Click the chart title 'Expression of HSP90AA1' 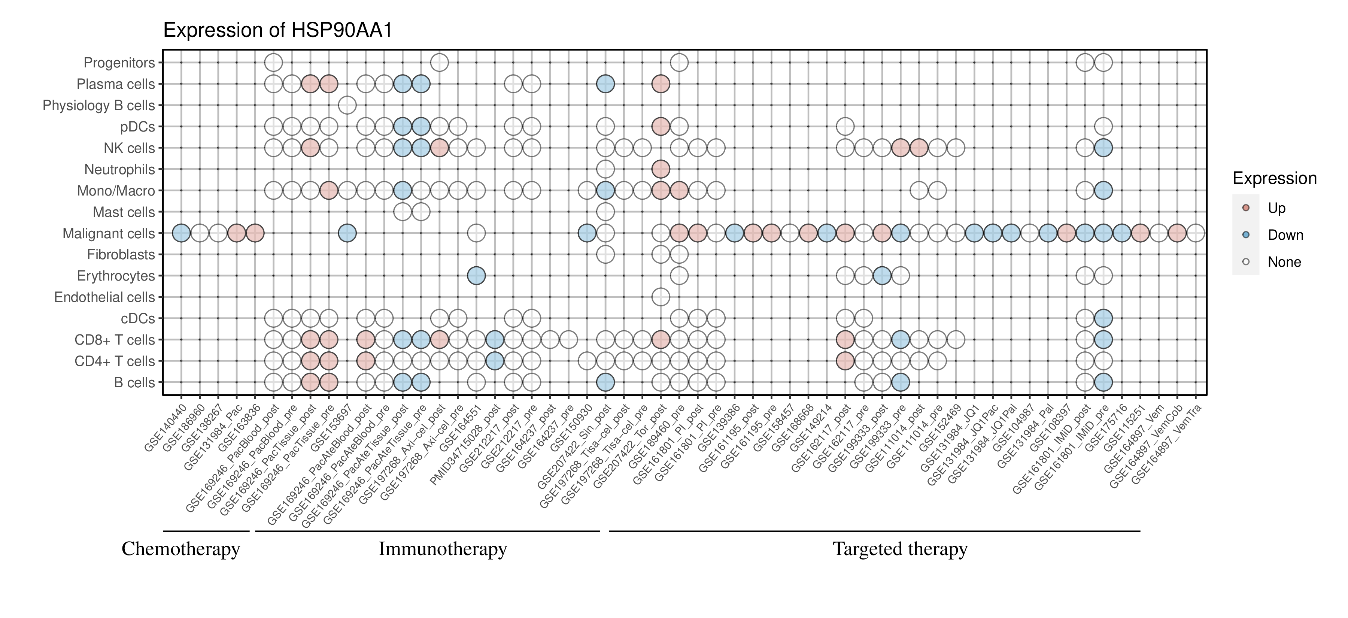(277, 30)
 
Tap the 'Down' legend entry (1285, 235)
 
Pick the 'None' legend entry (1284, 262)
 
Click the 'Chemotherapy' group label (180, 549)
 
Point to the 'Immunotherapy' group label (442, 549)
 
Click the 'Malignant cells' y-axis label (109, 233)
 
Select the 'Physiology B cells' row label (99, 106)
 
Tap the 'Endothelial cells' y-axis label (105, 297)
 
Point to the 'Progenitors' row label (119, 63)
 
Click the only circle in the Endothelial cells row (661, 297)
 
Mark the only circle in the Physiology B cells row (347, 105)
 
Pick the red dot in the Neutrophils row (661, 169)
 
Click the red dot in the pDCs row (661, 127)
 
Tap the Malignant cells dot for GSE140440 (181, 233)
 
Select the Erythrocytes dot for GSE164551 (476, 276)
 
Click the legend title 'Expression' (1274, 178)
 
